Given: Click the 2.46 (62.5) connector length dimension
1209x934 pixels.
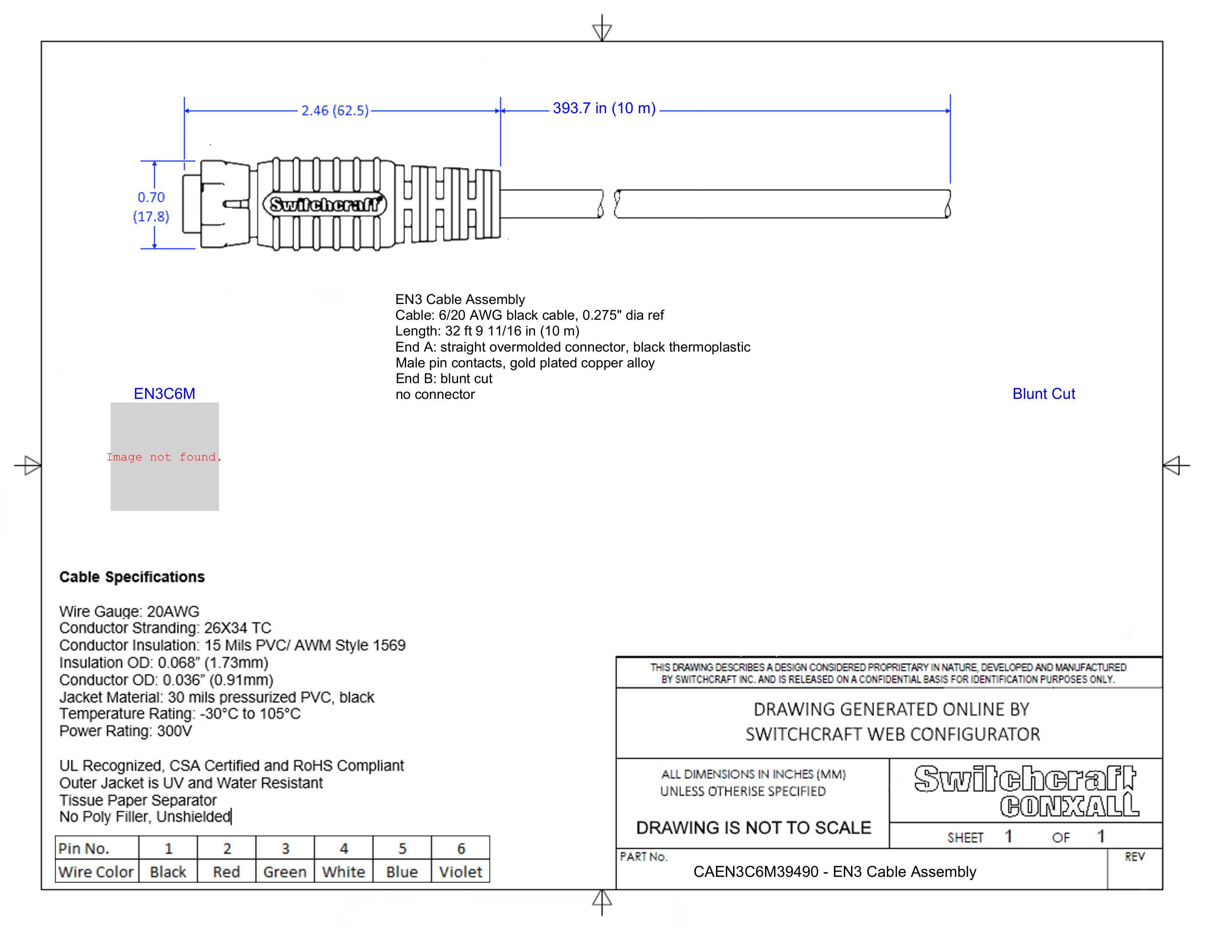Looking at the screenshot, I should coord(334,110).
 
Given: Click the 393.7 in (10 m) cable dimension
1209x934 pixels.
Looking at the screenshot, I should coord(603,108).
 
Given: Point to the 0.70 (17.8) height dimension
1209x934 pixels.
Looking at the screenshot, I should coord(151,206).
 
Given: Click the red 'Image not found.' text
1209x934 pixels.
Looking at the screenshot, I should coord(164,457).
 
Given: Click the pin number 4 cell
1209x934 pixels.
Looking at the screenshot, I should coord(344,848).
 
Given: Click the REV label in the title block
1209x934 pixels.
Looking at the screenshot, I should coord(1134,857).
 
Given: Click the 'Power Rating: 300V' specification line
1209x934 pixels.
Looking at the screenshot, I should coord(126,731).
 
